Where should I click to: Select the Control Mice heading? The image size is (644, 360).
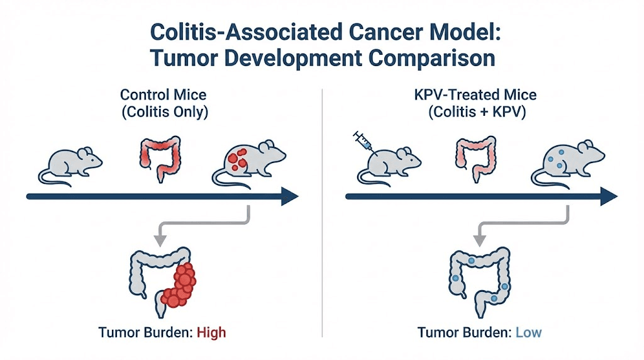(x=163, y=96)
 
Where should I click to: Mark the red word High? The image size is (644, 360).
(x=211, y=332)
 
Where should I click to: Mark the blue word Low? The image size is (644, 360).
(x=528, y=332)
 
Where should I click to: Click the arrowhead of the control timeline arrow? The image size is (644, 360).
(x=289, y=196)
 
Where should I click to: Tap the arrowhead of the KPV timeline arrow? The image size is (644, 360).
(x=608, y=196)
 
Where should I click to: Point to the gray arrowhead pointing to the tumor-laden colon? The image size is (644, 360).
(x=159, y=239)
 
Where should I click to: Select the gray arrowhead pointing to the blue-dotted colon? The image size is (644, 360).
(x=479, y=239)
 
